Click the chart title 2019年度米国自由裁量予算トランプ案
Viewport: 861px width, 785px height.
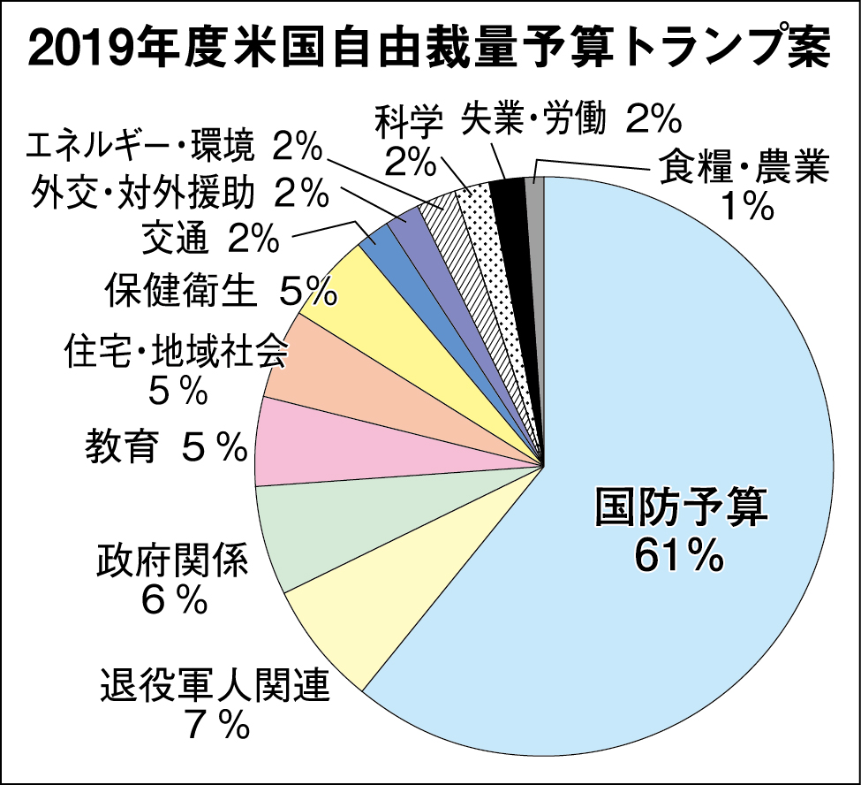429,50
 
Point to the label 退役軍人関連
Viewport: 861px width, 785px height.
215,683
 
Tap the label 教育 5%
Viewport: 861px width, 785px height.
165,448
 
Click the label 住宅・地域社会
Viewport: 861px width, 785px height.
177,354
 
